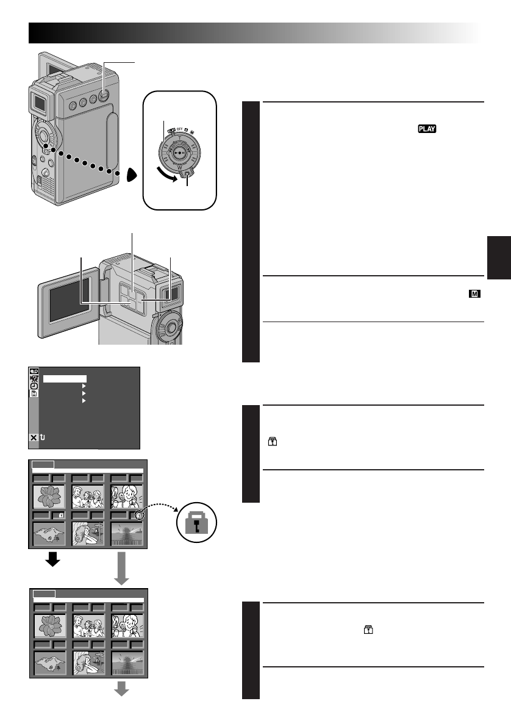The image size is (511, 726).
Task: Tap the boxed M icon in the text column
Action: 474,294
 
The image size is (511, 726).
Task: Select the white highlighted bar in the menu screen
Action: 64,379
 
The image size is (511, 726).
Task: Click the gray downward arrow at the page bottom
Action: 123,688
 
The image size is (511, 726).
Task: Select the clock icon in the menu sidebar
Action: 34,386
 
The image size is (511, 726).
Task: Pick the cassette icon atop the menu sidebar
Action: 34,370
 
